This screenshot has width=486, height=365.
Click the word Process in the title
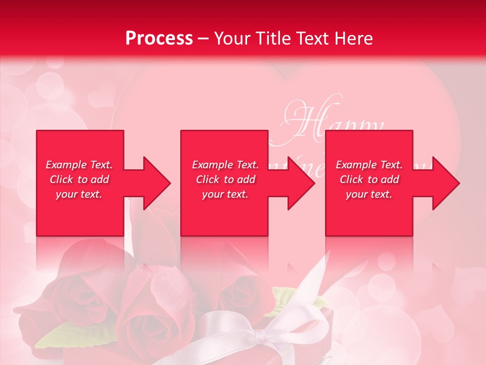click(x=159, y=39)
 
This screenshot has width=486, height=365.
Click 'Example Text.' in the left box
click(x=79, y=165)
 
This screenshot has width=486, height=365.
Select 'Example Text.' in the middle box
click(x=225, y=165)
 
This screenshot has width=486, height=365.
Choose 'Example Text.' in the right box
click(x=369, y=165)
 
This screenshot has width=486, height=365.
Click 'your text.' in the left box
click(x=79, y=194)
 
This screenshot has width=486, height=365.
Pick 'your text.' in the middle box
click(x=225, y=194)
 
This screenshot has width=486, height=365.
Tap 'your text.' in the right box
click(x=369, y=194)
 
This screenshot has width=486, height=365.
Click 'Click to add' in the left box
click(x=79, y=179)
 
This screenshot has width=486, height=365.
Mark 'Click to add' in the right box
click(x=369, y=179)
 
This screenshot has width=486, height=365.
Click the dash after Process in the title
click(x=204, y=39)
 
